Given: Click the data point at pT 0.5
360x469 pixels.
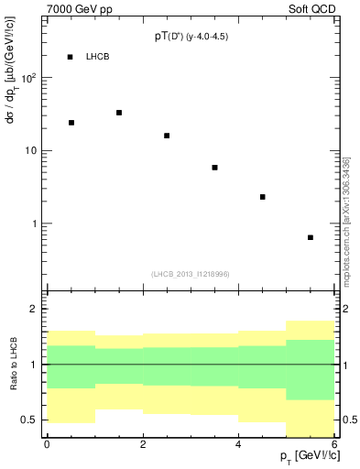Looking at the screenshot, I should coord(71,122).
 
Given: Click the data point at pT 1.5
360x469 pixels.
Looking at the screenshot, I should coord(119,113).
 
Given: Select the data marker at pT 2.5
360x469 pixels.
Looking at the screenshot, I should coord(167,136).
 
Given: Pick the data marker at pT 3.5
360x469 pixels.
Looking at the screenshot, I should coord(214,168).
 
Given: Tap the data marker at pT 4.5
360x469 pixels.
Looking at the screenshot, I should coord(263,197).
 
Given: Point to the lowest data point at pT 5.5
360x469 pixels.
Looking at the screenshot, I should coord(311,237).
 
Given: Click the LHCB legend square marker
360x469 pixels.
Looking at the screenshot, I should coord(71,57).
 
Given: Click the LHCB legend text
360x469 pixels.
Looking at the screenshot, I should coord(98,57).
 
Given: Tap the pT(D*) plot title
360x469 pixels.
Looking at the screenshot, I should coord(191,38).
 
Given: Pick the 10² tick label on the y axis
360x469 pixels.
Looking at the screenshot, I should coord(30,77).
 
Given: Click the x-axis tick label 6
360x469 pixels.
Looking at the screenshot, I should coord(334,444).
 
